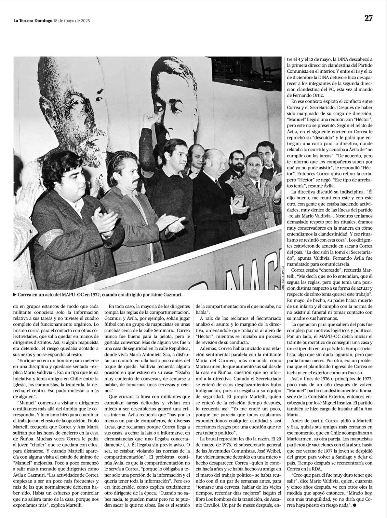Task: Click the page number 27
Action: pos(368,18)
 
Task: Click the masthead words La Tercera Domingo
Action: pos(33,21)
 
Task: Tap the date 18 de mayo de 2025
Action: pos(72,21)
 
